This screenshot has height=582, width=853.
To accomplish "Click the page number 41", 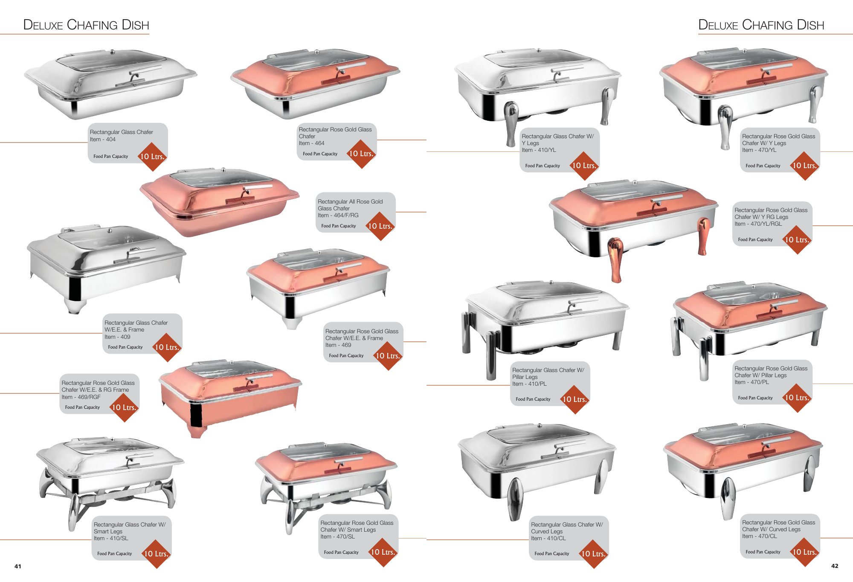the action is (x=17, y=566).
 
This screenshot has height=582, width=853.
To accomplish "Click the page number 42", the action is (x=835, y=566).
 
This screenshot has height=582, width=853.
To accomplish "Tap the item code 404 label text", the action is (x=102, y=139).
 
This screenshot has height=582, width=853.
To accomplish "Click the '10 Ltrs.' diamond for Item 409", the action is (x=167, y=347).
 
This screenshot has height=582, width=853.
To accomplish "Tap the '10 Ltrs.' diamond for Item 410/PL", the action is (x=574, y=399).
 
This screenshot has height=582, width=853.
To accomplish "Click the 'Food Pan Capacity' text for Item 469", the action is (x=346, y=355).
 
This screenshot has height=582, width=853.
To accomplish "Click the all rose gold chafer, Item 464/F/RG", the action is (x=219, y=201).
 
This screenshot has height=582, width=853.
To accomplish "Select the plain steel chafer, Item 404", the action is (x=110, y=84).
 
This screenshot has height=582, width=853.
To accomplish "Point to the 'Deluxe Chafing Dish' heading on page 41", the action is (x=86, y=25).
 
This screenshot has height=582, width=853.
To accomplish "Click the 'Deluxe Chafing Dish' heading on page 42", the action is (x=761, y=25).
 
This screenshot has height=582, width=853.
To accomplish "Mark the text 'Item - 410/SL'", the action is (x=110, y=538).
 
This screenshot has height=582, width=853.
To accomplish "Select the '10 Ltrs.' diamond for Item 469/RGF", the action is (x=124, y=407).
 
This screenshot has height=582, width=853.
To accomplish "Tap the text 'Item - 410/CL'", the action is (x=548, y=538).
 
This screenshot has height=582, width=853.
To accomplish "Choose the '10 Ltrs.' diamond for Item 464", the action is (x=361, y=154).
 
